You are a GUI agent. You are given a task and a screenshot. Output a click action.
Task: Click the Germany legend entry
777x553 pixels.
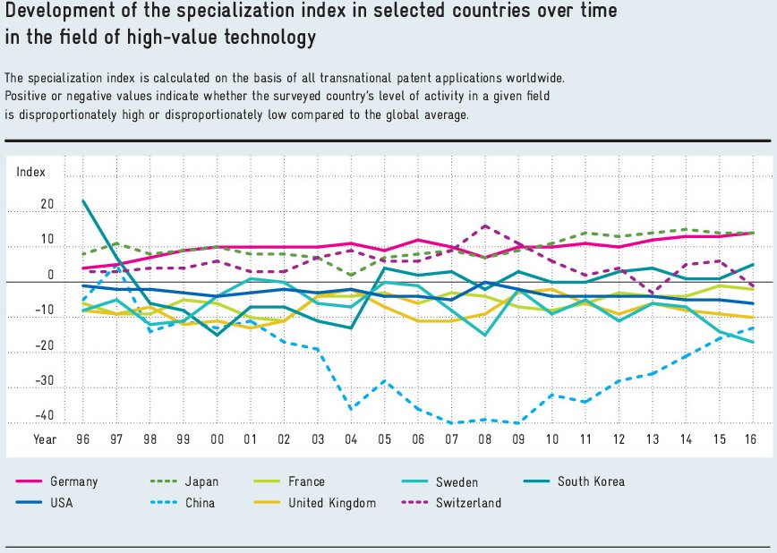click(x=73, y=481)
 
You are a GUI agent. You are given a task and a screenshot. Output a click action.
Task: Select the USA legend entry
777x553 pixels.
click(x=62, y=503)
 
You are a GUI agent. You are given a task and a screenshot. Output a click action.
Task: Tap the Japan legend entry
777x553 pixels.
click(x=201, y=481)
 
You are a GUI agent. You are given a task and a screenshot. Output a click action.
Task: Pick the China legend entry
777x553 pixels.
click(x=201, y=503)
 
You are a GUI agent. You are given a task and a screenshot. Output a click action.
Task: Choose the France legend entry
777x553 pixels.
click(x=306, y=481)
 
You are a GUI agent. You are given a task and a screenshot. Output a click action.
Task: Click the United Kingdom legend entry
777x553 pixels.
click(x=331, y=503)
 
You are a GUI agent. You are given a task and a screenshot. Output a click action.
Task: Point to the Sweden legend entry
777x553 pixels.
click(x=457, y=481)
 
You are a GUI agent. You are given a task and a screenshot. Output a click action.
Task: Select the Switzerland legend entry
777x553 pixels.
click(x=468, y=503)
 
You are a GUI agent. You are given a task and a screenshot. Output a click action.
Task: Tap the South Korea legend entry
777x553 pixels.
click(x=591, y=481)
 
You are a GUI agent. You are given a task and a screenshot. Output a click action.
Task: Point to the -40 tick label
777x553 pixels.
click(x=44, y=416)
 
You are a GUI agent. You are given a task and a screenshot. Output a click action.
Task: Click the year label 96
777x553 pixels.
click(x=82, y=439)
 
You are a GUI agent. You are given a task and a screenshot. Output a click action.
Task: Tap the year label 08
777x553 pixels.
click(x=484, y=439)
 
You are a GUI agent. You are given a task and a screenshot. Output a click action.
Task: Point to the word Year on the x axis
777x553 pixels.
click(x=45, y=439)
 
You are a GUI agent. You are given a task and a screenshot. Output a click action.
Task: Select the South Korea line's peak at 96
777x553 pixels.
click(x=82, y=200)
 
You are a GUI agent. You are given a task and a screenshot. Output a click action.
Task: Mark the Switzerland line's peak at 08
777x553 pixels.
click(x=484, y=225)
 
